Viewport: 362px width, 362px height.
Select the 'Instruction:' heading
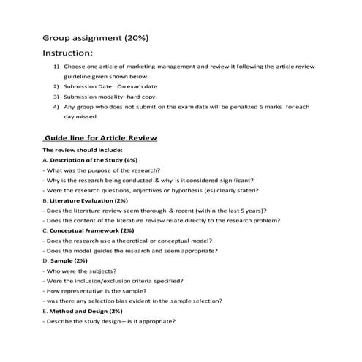point(68,53)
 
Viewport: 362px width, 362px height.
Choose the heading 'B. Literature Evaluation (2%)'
point(86,200)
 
